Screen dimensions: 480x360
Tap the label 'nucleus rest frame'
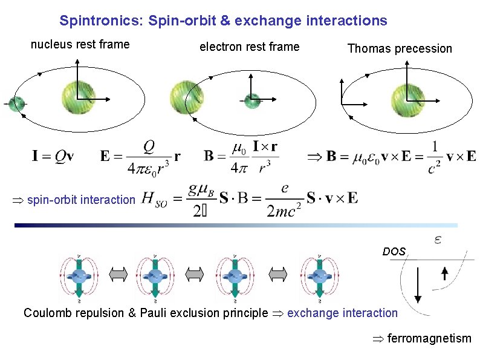tap(80, 44)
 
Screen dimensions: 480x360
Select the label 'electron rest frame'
tap(249, 47)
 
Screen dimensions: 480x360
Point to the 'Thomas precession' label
tap(400, 49)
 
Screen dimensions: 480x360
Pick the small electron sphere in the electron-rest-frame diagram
tap(251, 100)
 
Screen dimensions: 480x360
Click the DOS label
tap(394, 250)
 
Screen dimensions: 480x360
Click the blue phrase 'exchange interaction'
tap(342, 313)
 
